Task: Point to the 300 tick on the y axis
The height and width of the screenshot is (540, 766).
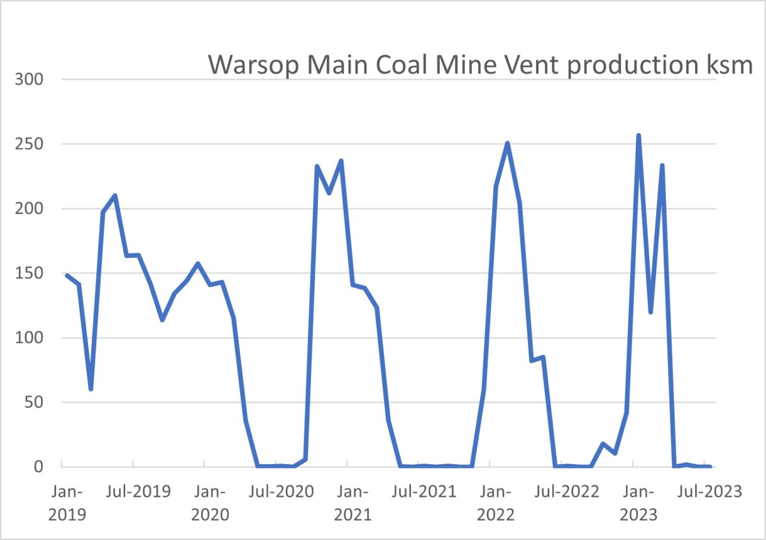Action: [x=29, y=80]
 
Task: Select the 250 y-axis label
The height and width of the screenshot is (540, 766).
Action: [x=29, y=144]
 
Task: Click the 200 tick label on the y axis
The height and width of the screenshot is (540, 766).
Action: [x=29, y=209]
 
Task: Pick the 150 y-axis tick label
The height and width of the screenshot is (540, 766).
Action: [x=29, y=273]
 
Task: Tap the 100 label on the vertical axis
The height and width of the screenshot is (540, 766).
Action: [x=29, y=338]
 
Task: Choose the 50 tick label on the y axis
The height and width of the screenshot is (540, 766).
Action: [x=33, y=402]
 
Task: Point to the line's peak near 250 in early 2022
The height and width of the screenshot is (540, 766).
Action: [x=507, y=143]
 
